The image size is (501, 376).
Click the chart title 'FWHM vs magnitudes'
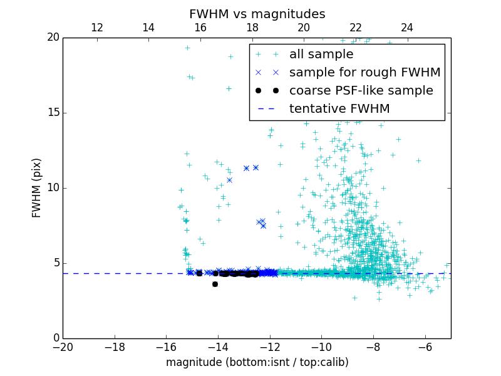(x=257, y=14)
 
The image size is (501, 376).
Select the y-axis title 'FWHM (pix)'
(x=37, y=188)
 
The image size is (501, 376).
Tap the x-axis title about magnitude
(x=257, y=362)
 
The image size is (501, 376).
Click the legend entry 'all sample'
(x=321, y=55)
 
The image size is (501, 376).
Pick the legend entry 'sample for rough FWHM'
(x=364, y=73)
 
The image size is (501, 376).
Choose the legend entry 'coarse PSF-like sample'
(x=361, y=91)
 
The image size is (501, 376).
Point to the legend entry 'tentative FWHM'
(x=339, y=109)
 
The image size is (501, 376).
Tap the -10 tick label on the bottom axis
(x=321, y=347)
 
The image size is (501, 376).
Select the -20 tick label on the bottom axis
(x=63, y=347)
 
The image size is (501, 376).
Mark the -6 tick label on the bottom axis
(x=425, y=347)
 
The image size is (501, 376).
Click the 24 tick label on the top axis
(x=407, y=28)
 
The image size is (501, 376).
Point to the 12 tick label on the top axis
(x=97, y=28)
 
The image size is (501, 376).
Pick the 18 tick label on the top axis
(x=252, y=28)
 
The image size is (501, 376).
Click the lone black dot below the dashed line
(x=215, y=284)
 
